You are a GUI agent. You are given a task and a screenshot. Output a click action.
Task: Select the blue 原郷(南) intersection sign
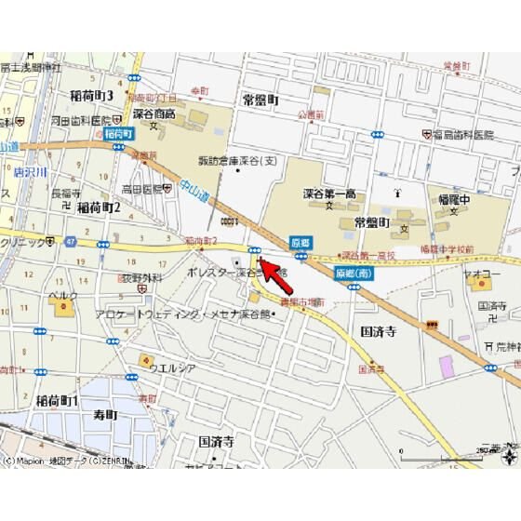point(354,274)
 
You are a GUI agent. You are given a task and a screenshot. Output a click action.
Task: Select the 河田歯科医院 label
point(85,120)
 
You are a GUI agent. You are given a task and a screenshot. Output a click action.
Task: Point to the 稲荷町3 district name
point(91,96)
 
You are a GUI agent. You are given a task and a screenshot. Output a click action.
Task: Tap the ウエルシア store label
point(175,367)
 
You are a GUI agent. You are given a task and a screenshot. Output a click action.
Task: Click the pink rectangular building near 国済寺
point(447,365)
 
